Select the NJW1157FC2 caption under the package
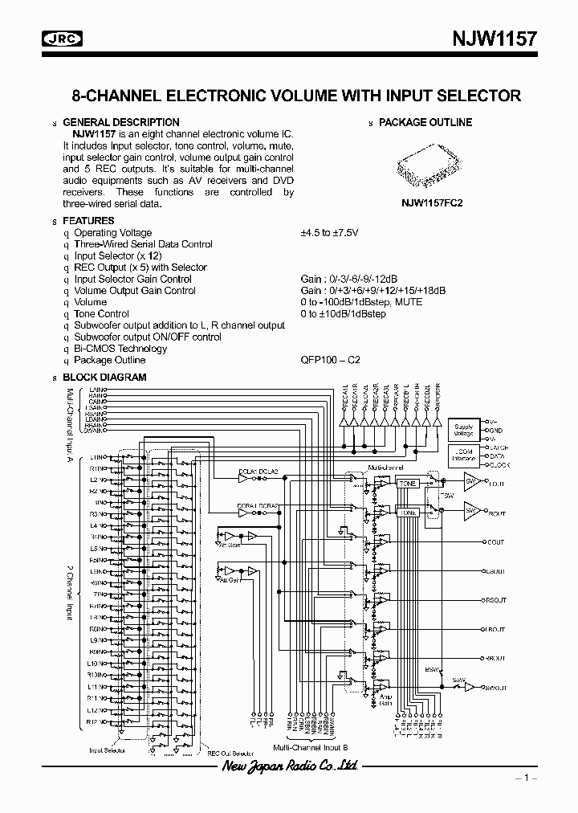click(432, 204)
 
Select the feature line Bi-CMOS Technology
click(120, 349)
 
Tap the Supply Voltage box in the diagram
click(464, 431)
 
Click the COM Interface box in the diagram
click(464, 456)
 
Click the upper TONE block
click(408, 484)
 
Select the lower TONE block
click(408, 513)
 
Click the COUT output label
click(496, 542)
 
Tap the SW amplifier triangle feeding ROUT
click(472, 510)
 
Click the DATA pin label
click(497, 455)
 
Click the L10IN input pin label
click(97, 664)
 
